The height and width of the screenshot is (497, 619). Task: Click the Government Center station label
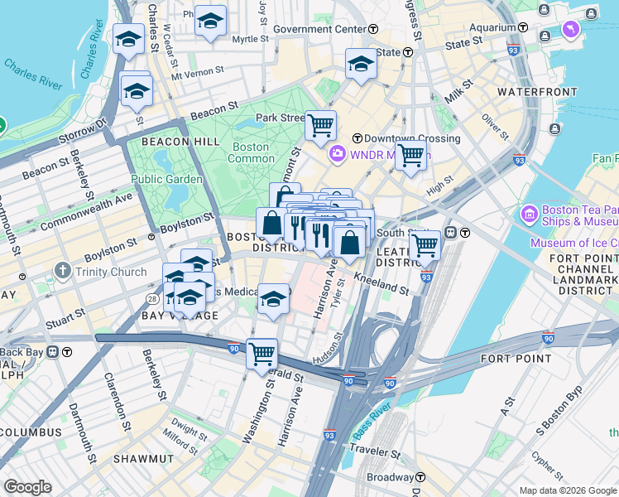click(x=319, y=29)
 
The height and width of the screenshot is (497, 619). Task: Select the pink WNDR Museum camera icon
click(x=337, y=153)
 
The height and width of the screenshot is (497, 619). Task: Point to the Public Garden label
click(x=166, y=179)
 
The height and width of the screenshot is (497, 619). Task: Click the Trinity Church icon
click(x=62, y=271)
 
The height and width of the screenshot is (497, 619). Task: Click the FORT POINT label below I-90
click(x=516, y=359)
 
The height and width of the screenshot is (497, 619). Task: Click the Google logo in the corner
click(x=27, y=487)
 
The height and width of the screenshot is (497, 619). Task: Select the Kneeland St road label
click(x=381, y=284)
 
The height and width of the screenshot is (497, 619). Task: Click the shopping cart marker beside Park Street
click(x=320, y=126)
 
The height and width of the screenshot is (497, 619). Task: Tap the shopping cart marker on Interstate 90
click(x=262, y=353)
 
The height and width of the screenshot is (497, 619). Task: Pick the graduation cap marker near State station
click(x=361, y=64)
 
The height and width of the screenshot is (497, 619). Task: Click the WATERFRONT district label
click(x=525, y=91)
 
